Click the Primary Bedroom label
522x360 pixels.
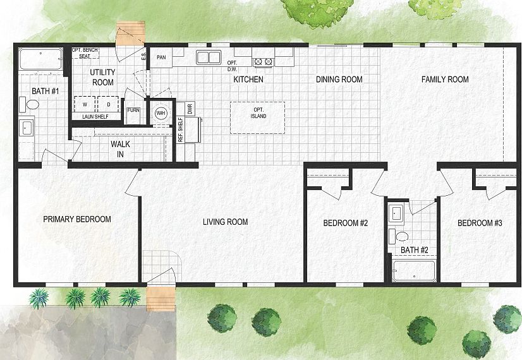(x=76, y=220)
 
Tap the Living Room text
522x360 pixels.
(x=225, y=222)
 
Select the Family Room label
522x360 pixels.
(x=445, y=80)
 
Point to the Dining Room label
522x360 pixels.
(x=339, y=80)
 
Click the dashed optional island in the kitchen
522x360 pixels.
(x=257, y=117)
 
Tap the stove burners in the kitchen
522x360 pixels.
(x=263, y=62)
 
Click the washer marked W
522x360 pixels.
(x=84, y=104)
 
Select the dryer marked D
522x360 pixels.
(x=107, y=104)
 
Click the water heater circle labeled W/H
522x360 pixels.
(x=160, y=114)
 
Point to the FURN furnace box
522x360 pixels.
(x=133, y=111)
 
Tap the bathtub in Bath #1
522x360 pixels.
(x=40, y=59)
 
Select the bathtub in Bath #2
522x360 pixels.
(x=414, y=270)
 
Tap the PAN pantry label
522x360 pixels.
(x=161, y=57)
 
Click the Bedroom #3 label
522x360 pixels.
(x=480, y=223)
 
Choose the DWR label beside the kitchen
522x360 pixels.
(x=190, y=109)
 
